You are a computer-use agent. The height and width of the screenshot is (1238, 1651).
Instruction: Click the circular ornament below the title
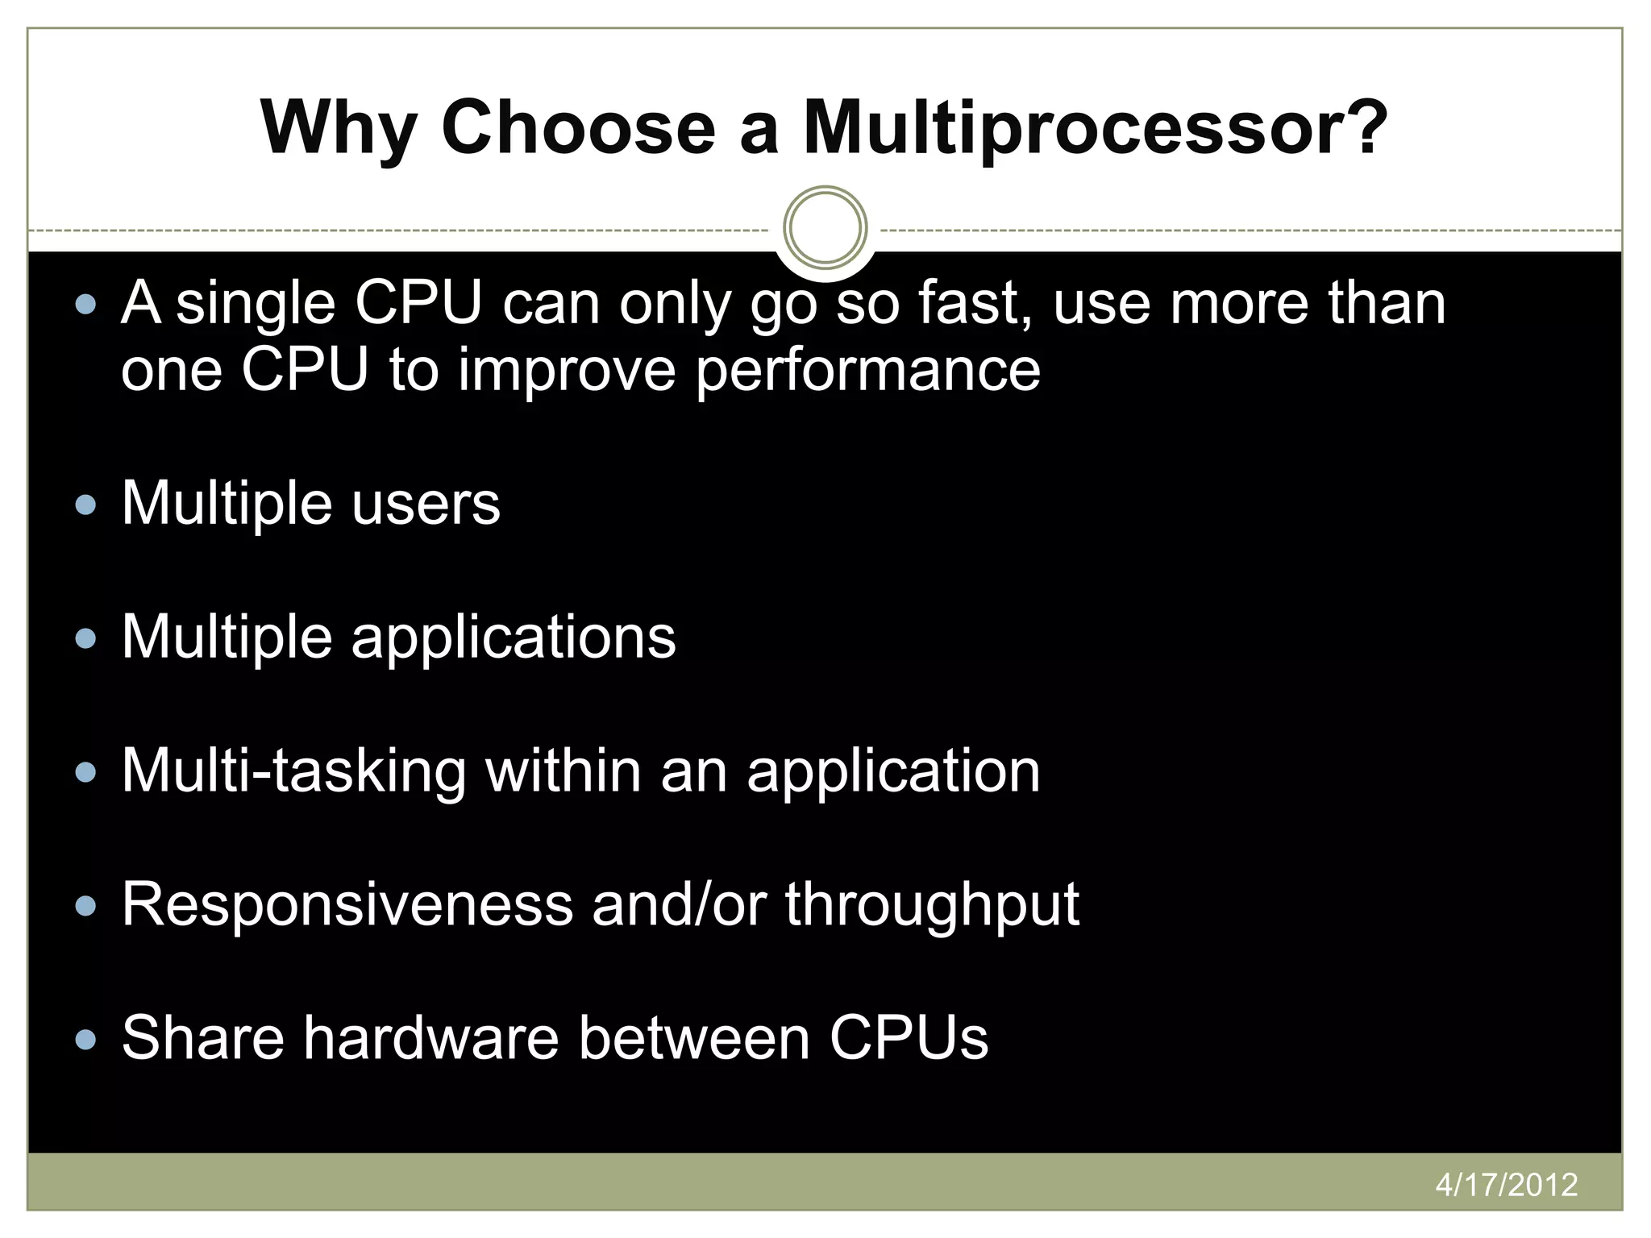[825, 228]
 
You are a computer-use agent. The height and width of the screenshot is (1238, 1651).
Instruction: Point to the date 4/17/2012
[1506, 1185]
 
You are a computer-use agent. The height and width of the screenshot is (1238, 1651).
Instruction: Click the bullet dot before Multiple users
[85, 505]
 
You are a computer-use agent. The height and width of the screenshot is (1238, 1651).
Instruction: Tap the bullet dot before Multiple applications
[85, 639]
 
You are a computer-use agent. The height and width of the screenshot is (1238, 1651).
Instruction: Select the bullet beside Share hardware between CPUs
[85, 1040]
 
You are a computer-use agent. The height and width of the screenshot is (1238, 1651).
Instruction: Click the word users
[426, 505]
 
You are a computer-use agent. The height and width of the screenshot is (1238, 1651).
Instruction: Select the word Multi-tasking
[293, 772]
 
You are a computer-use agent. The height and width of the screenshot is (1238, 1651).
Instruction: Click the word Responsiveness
[347, 904]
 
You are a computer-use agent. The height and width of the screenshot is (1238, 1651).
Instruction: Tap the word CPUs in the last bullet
[909, 1038]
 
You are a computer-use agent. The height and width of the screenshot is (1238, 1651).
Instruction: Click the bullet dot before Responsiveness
[85, 907]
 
